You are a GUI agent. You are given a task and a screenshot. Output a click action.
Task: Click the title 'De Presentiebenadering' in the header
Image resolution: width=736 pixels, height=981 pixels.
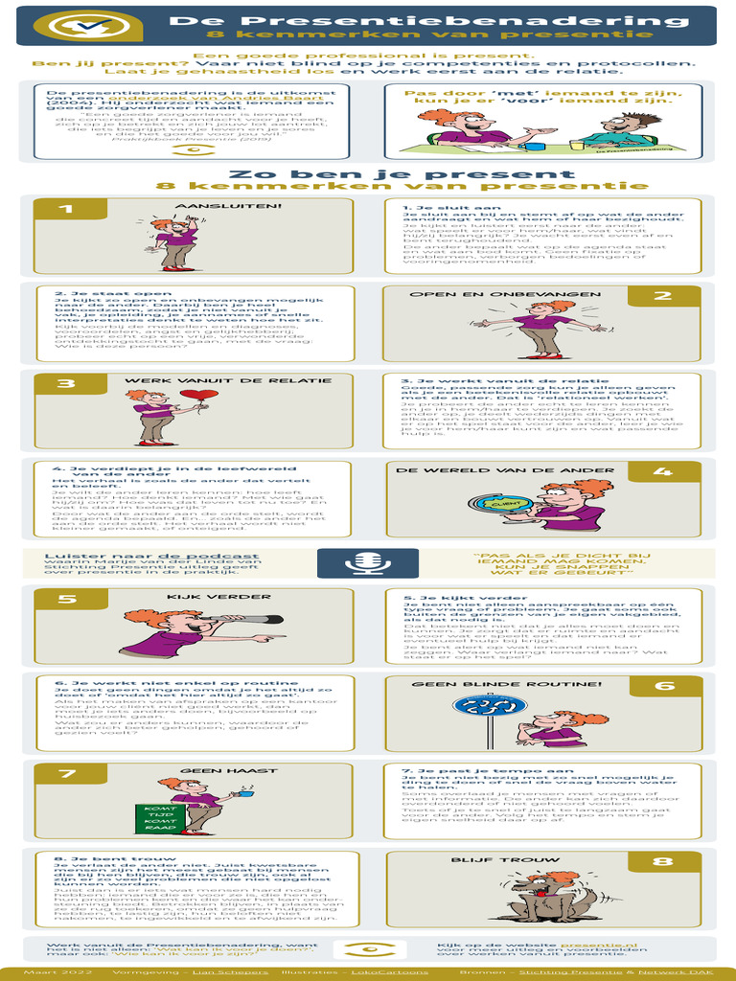(x=428, y=20)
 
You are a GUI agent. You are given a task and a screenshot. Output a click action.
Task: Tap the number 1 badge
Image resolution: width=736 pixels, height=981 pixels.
(x=64, y=209)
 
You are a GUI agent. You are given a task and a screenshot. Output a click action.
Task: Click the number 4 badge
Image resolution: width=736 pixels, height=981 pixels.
(x=661, y=471)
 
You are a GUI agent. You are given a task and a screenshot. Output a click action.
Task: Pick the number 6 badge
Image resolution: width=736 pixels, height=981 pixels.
(x=663, y=686)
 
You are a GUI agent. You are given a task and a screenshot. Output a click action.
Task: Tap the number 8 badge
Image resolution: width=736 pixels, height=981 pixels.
(x=663, y=862)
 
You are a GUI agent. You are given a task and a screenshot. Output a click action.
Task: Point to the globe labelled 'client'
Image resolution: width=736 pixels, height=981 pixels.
(x=496, y=504)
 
